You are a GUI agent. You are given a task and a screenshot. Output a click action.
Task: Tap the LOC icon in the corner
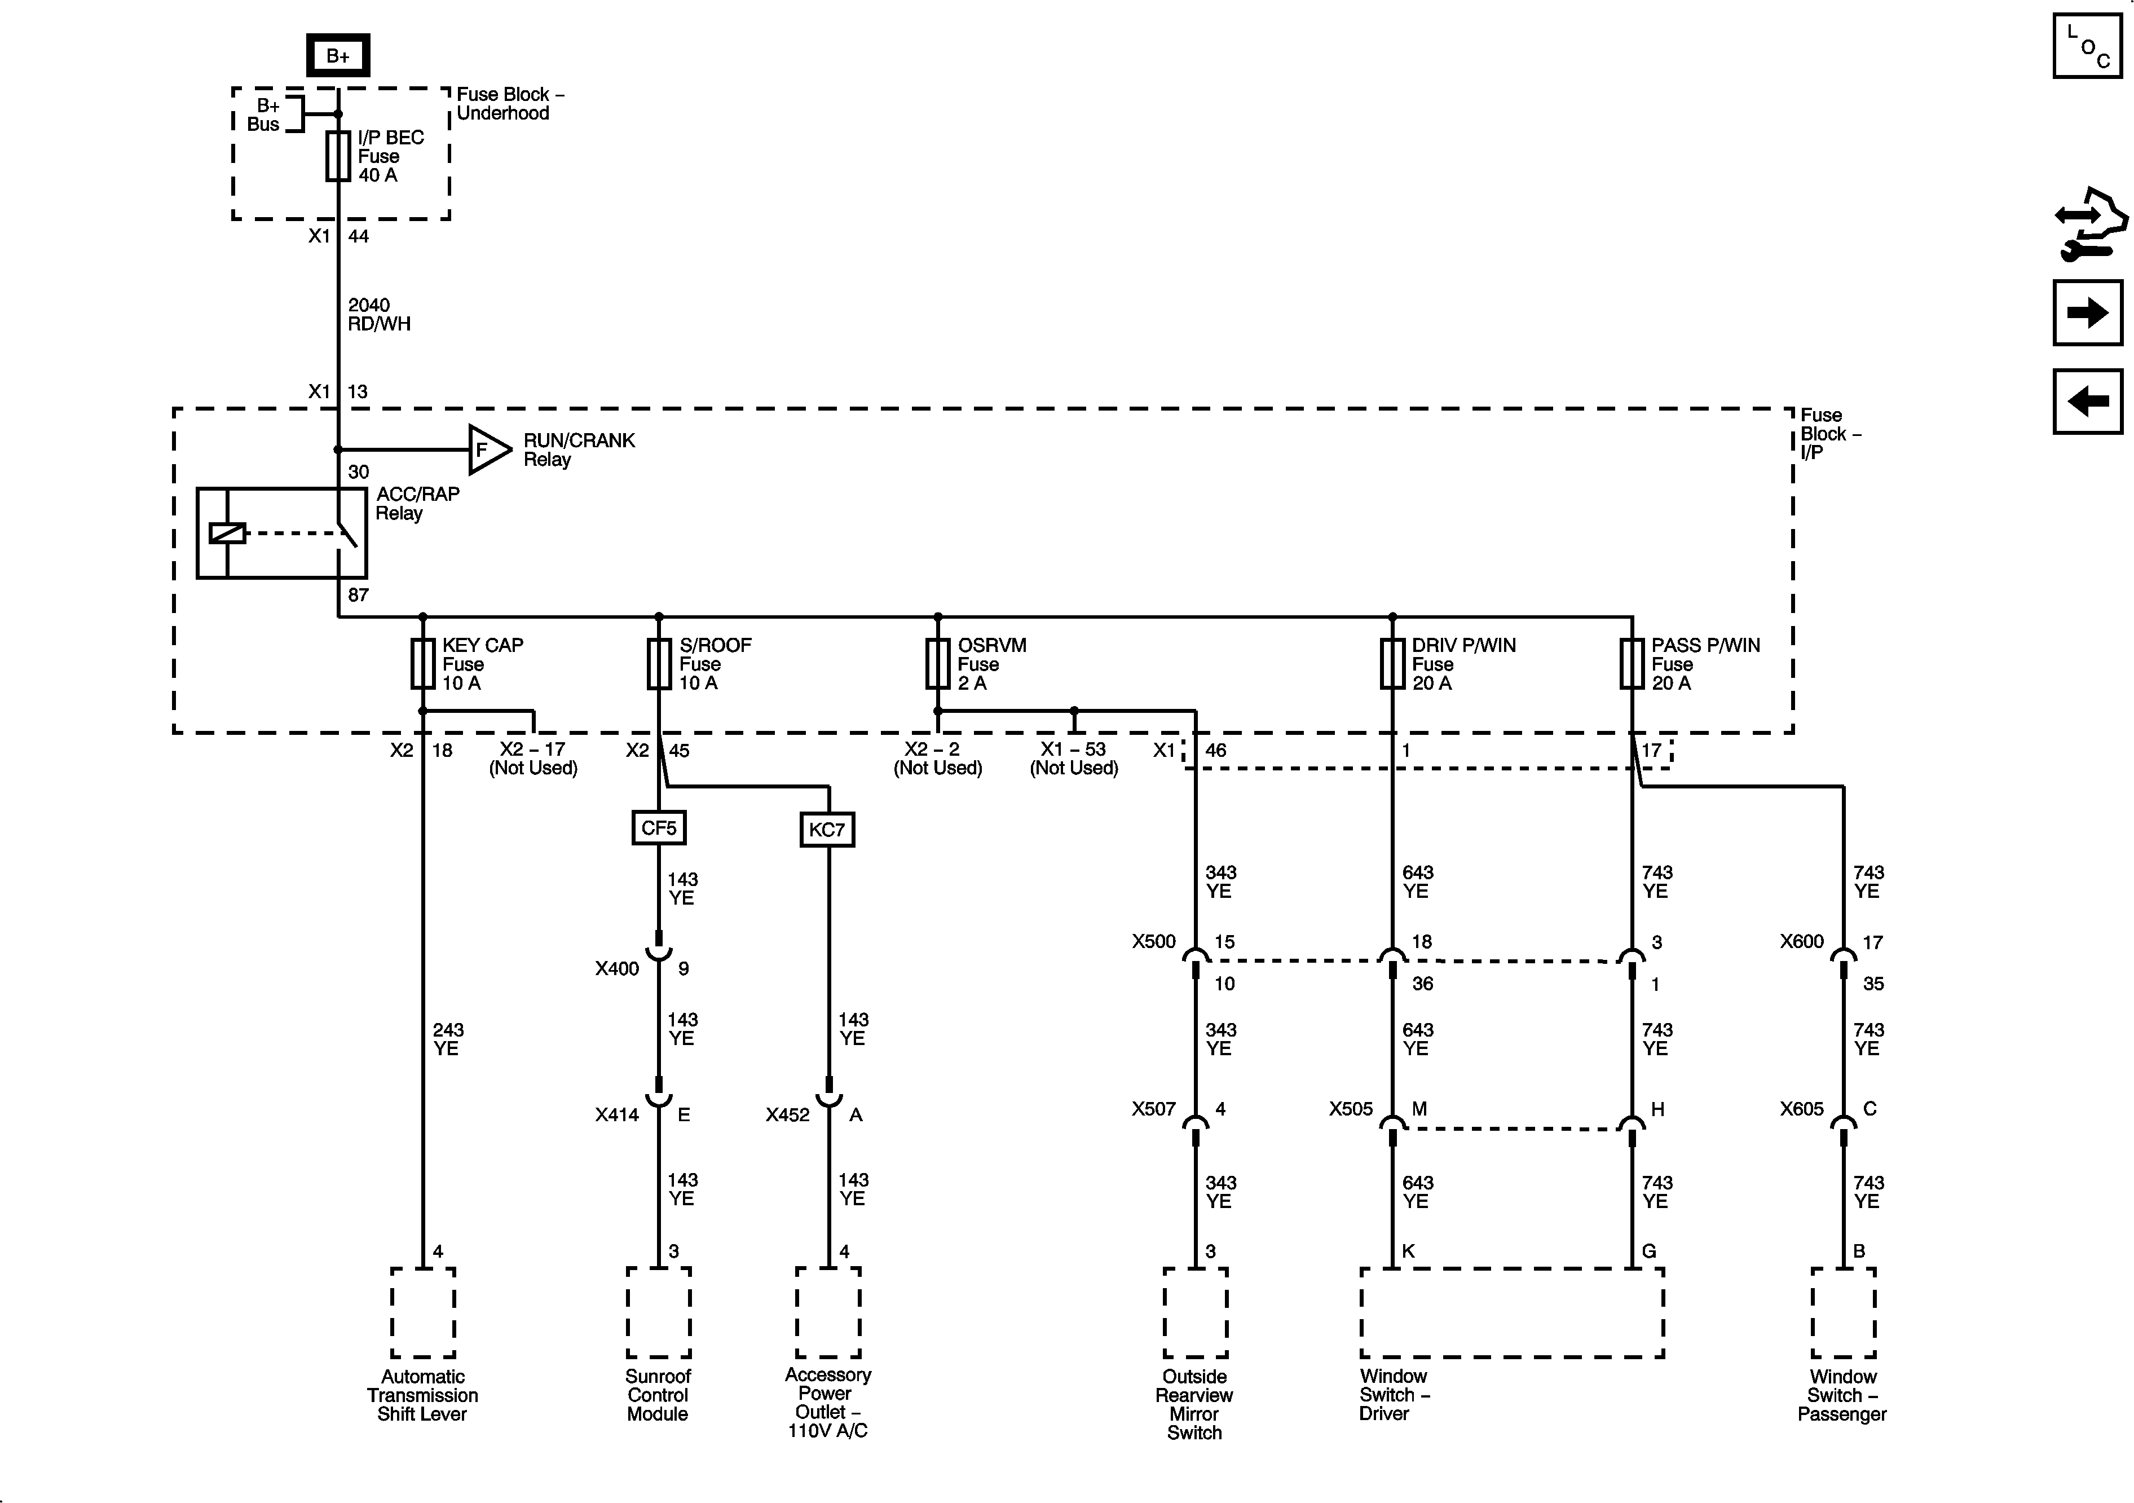[2087, 46]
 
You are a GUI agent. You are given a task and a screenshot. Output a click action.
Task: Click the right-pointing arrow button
[2087, 312]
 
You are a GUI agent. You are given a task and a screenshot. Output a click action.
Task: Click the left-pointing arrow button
[2087, 402]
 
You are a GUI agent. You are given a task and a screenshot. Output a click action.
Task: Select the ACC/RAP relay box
[281, 532]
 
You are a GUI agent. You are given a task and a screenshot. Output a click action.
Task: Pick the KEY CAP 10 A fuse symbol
[423, 664]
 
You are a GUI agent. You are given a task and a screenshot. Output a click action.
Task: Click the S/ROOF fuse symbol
[659, 664]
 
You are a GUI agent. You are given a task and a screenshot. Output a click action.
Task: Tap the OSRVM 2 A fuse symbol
[938, 664]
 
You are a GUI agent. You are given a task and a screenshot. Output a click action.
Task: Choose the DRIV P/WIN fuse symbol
[1392, 664]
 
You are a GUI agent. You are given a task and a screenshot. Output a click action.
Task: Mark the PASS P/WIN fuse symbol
[1632, 664]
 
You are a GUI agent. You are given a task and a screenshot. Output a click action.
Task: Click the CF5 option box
[659, 827]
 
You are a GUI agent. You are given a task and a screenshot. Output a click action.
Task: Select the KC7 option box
[827, 829]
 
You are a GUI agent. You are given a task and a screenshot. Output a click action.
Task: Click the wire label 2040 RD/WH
[379, 314]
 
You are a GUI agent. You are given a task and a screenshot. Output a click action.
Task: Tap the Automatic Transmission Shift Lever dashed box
[423, 1312]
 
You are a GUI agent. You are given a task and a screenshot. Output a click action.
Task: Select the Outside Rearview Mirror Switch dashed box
[1195, 1312]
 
